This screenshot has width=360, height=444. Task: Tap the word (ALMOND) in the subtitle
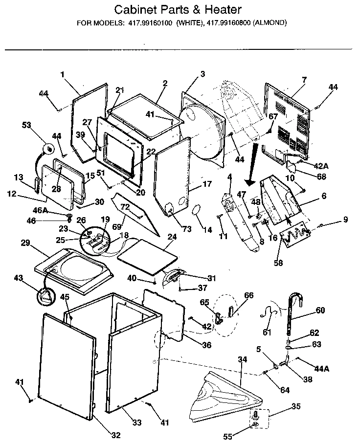(270, 22)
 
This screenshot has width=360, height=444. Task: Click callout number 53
(26, 125)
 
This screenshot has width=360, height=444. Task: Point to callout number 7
(304, 79)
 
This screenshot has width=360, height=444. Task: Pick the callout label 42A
(321, 166)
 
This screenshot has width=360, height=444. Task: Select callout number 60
(320, 310)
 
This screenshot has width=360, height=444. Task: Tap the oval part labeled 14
(197, 209)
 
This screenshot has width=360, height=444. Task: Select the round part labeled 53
(48, 147)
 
